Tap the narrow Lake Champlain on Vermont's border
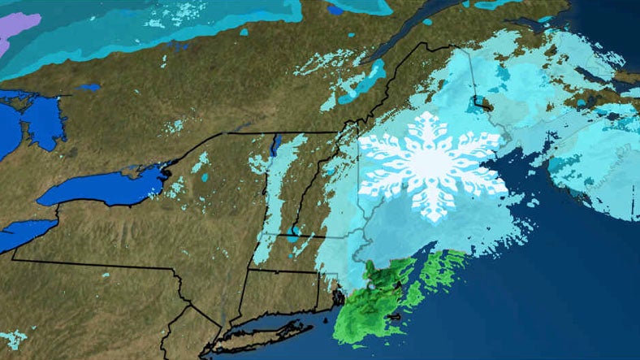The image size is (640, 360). point(275,146)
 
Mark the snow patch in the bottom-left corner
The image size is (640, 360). point(12,336)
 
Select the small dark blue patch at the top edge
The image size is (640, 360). point(334,9)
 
